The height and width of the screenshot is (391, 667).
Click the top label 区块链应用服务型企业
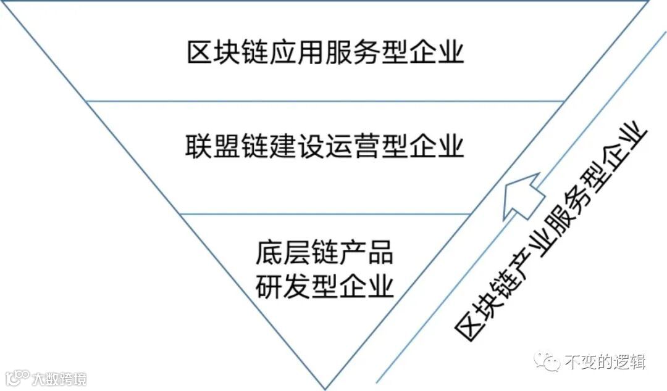(325, 53)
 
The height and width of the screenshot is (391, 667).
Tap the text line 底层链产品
(324, 253)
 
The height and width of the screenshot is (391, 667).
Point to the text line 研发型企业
(324, 287)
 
